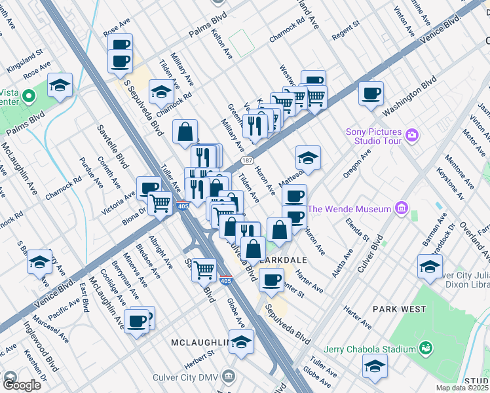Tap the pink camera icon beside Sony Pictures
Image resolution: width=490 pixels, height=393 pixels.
[x=411, y=135]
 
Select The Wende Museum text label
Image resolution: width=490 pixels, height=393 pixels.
[x=349, y=210]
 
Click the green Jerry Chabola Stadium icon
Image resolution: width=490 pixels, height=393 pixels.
[x=427, y=346]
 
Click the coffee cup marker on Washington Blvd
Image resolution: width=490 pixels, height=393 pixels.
[x=371, y=93]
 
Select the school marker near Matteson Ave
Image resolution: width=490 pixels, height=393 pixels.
[x=308, y=157]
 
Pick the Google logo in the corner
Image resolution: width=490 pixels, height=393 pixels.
[x=22, y=384]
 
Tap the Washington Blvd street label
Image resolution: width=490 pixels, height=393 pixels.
[x=411, y=94]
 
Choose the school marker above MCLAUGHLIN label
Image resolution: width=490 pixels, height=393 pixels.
[x=241, y=342]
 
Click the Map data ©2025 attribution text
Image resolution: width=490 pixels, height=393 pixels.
[x=461, y=388]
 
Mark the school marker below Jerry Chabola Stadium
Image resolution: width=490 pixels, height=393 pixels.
[x=375, y=366]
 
